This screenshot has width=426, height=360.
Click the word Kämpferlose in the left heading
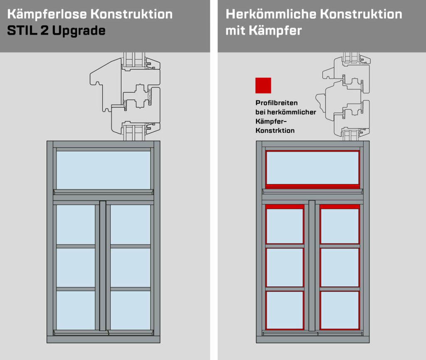point(46,14)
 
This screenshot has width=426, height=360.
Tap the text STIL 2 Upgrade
point(56,30)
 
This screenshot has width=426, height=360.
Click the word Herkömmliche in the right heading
point(271,14)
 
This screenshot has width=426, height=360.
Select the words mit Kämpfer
point(263,30)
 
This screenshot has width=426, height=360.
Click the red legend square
point(263,85)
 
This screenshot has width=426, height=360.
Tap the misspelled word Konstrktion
point(275,131)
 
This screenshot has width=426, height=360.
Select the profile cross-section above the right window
point(344,97)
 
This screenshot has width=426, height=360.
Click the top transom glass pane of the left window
point(103,170)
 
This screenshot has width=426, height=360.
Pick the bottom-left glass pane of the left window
point(76,310)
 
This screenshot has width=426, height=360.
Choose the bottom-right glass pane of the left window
point(130,310)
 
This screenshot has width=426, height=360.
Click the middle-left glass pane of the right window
point(285,268)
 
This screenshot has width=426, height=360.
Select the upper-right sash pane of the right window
point(339,226)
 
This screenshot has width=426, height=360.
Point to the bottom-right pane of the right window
point(339,310)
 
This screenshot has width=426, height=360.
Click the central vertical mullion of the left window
point(103,266)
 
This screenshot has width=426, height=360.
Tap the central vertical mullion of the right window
point(312,266)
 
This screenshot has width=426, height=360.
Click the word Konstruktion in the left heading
point(131,14)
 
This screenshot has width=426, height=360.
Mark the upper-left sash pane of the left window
point(76,224)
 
